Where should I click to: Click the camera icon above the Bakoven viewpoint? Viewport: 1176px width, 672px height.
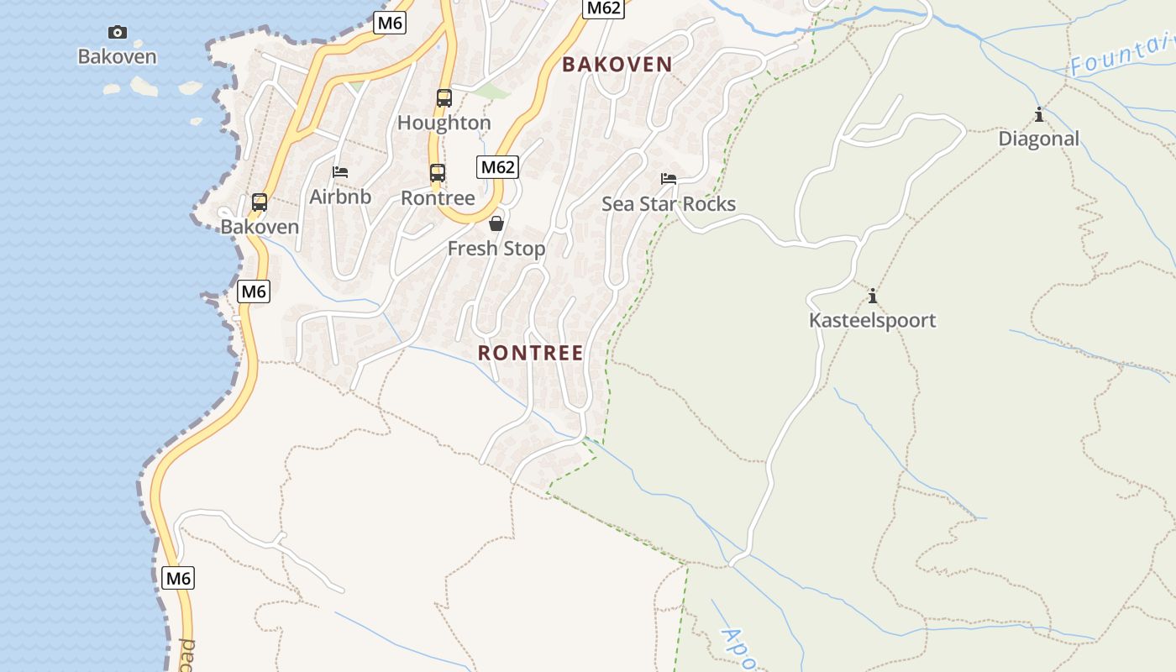118,33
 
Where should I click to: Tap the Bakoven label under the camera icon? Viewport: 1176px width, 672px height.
118,57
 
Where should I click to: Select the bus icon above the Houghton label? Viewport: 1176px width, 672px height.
444,98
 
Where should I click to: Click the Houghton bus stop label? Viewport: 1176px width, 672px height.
444,123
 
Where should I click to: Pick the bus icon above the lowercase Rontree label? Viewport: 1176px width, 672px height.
438,173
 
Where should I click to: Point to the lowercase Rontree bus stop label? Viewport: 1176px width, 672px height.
438,198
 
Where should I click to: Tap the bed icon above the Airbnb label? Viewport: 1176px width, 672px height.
340,172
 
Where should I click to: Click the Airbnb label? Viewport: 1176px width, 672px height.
340,197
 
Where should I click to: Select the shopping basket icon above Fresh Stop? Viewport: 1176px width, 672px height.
496,223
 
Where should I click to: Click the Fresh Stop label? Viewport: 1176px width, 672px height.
496,249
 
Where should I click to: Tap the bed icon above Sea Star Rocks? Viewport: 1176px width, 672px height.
669,179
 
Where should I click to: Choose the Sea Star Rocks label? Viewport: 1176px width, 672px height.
669,204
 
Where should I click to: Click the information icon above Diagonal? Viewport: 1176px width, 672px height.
1039,114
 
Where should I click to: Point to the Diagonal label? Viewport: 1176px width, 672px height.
1039,139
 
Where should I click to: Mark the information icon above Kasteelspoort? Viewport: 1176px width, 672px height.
873,296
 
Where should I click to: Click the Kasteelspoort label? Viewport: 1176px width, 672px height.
873,320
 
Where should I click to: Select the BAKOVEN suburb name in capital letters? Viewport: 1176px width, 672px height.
617,65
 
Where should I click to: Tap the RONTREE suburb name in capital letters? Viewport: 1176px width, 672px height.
531,353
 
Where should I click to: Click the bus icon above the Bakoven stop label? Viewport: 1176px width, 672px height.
260,202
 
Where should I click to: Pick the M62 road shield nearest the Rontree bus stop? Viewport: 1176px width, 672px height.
497,167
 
